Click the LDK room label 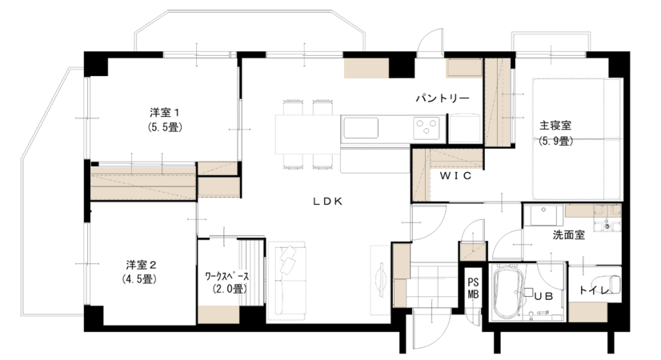click(x=328, y=202)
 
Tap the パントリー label click(x=443, y=98)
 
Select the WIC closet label click(x=455, y=176)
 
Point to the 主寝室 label click(x=555, y=125)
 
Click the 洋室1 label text click(x=165, y=113)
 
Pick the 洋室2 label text click(x=141, y=265)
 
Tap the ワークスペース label click(x=226, y=277)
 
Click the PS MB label click(x=473, y=289)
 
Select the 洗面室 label click(x=569, y=235)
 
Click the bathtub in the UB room click(x=508, y=293)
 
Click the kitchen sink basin click(x=360, y=128)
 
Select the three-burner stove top click(x=427, y=127)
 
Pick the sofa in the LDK click(x=286, y=281)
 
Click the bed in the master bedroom click(x=577, y=138)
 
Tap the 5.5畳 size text click(x=165, y=127)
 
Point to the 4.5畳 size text click(x=139, y=278)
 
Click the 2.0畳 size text click(x=230, y=289)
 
